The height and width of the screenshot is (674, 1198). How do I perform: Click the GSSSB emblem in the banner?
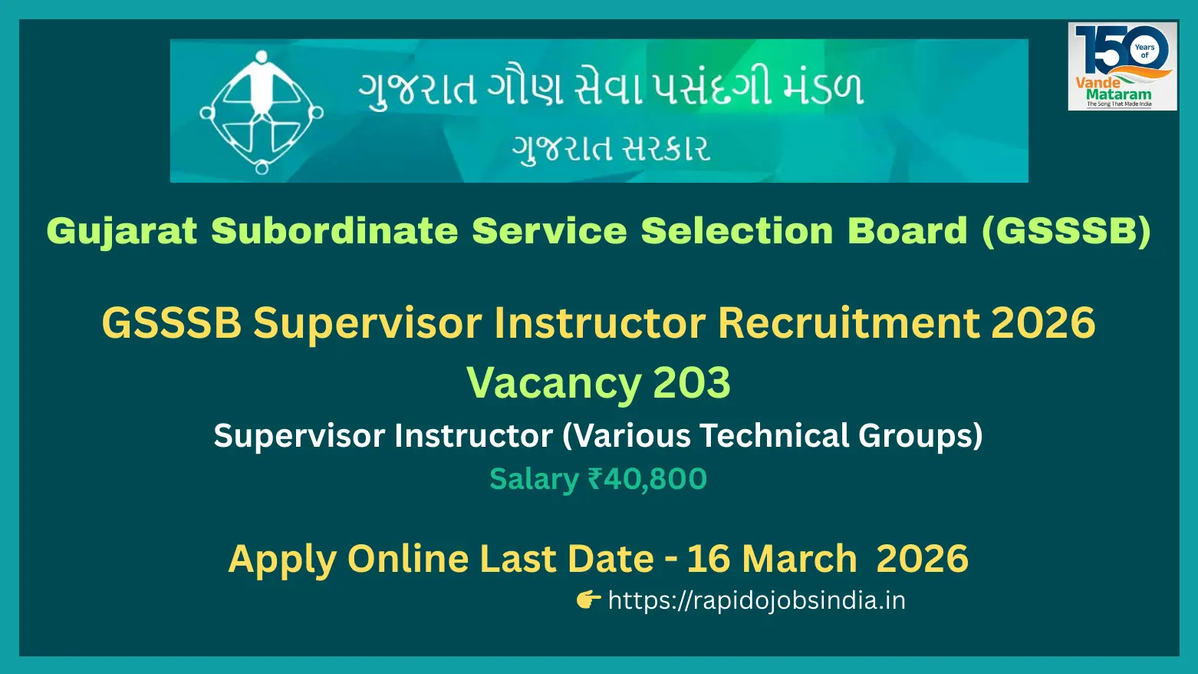(x=261, y=112)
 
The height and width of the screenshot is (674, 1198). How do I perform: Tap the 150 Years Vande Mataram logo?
(x=1122, y=66)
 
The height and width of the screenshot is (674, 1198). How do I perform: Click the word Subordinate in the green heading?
(x=334, y=231)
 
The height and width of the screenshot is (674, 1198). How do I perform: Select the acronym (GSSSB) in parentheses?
(x=1066, y=231)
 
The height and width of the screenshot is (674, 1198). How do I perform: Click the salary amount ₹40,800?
(x=647, y=478)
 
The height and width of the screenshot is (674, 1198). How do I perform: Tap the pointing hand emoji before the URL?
(x=589, y=600)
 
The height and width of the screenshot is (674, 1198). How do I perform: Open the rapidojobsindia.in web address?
(x=757, y=600)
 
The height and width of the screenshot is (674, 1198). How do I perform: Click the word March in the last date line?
(x=799, y=559)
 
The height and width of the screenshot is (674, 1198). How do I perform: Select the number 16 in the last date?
(x=709, y=559)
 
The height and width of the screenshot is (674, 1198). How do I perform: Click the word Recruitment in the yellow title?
(x=848, y=323)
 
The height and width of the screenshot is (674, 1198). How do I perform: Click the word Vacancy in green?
(x=554, y=383)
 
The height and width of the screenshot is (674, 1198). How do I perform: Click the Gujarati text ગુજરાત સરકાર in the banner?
(x=611, y=147)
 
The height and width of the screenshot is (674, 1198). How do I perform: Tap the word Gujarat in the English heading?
(x=122, y=232)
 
